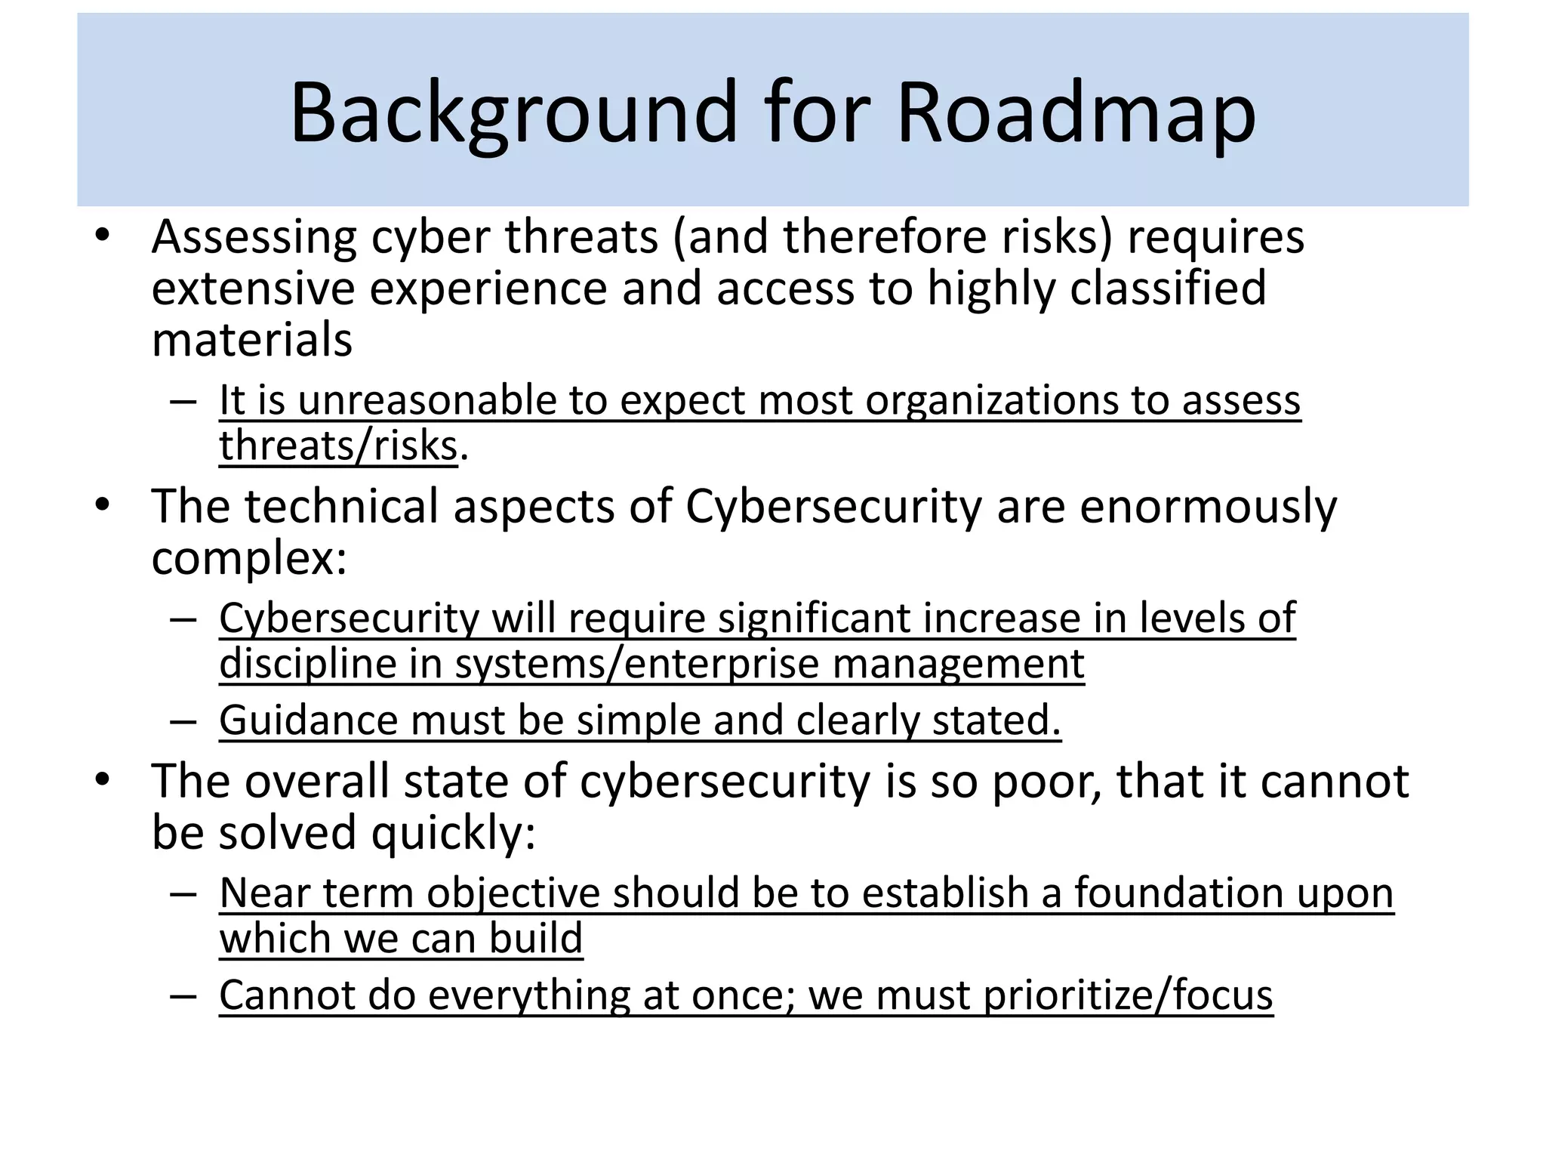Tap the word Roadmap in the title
pos(1076,113)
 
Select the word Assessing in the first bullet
pos(254,237)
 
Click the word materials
pos(252,340)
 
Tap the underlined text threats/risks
pos(338,446)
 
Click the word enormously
pos(1207,506)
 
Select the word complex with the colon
pos(249,559)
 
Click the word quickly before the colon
pos(453,833)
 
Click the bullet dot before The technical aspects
pos(103,504)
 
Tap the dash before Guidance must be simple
pos(183,721)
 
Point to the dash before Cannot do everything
pos(183,996)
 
